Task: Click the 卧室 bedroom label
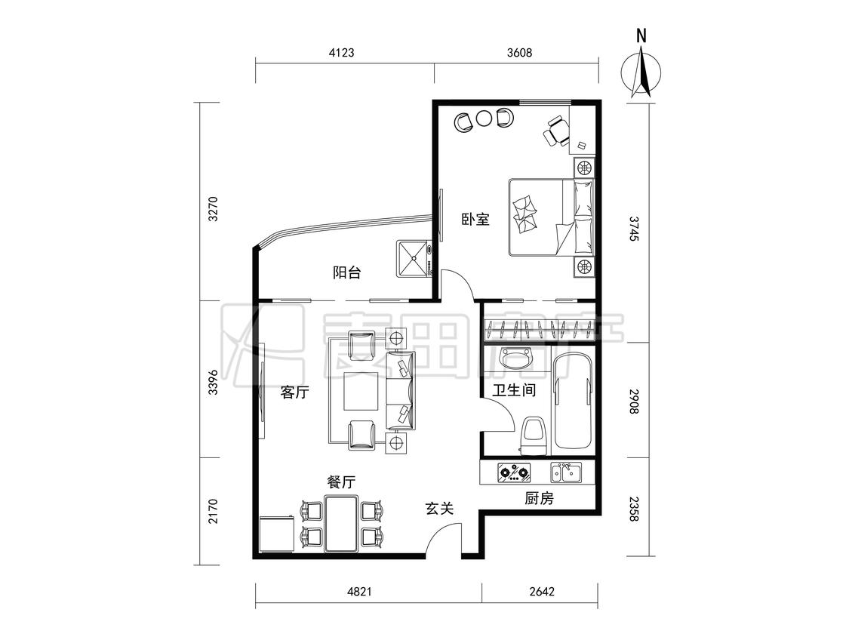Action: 475,220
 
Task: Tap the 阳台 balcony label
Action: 346,272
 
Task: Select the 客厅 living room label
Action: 294,392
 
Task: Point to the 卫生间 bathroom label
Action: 514,390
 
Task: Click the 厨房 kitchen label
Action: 540,498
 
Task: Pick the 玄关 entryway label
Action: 438,509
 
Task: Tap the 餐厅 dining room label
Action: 342,482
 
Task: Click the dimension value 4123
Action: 341,53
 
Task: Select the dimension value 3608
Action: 519,53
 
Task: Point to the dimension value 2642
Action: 542,592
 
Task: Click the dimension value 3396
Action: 213,382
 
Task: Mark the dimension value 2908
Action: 634,402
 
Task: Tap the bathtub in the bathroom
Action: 574,401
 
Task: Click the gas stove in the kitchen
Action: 514,472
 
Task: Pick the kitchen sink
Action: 566,472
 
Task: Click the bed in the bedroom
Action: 551,217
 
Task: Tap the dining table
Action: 341,523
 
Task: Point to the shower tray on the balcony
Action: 414,259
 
